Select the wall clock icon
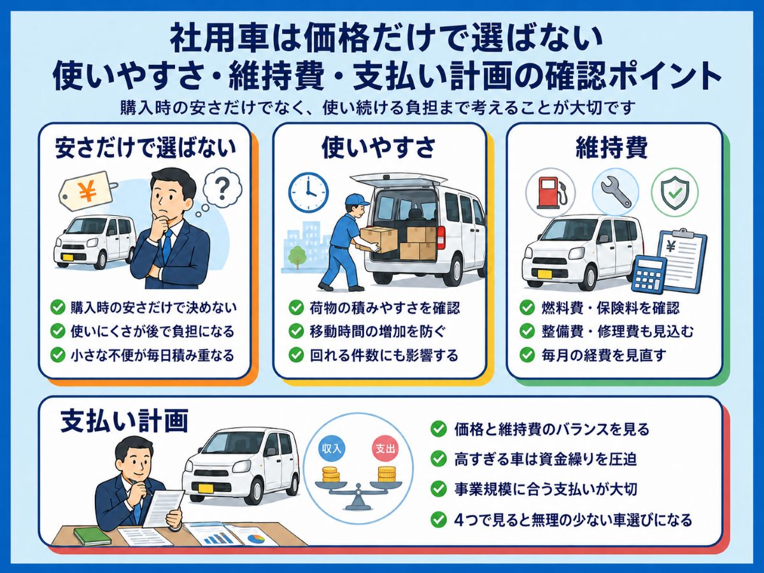click(308, 192)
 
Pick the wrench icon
click(616, 192)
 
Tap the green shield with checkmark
click(674, 192)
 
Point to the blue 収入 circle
click(331, 448)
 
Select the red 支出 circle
click(385, 449)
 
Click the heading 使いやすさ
click(379, 148)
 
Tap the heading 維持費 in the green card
click(612, 148)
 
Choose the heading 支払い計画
click(124, 421)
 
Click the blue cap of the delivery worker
click(356, 200)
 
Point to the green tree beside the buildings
click(297, 257)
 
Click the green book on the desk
click(92, 536)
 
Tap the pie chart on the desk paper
click(256, 539)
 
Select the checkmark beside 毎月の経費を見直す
click(527, 355)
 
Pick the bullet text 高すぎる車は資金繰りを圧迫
click(546, 459)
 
